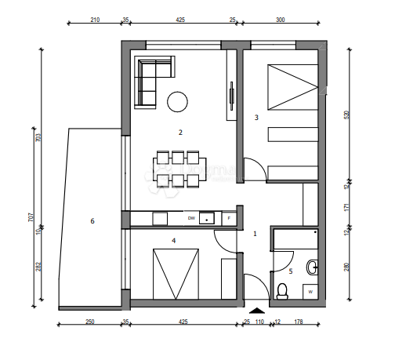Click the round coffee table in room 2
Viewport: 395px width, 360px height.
[178, 100]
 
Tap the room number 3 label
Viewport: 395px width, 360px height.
[256, 118]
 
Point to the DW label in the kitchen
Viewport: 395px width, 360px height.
[191, 218]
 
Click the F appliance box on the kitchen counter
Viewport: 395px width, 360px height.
[228, 218]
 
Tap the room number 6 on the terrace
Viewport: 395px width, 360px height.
[92, 221]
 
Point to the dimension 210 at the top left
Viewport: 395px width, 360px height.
[94, 21]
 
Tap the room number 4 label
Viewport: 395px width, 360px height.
[173, 241]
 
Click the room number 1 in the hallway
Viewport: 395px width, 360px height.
[254, 233]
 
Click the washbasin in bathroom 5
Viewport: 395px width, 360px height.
[312, 267]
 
